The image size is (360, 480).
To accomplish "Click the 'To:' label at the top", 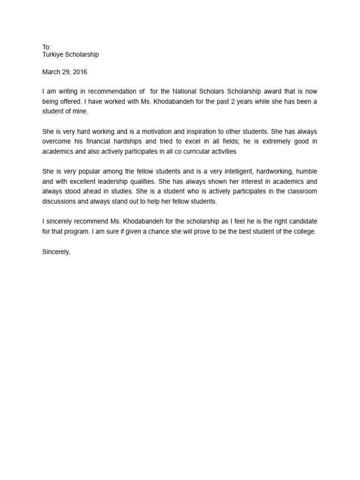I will tap(46, 47).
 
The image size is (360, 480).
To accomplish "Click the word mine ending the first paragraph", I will tap(81, 112).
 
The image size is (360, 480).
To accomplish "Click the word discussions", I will tap(60, 202).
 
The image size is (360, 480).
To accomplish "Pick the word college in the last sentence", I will tap(304, 232).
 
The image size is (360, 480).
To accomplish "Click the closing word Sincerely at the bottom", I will tap(56, 252).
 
